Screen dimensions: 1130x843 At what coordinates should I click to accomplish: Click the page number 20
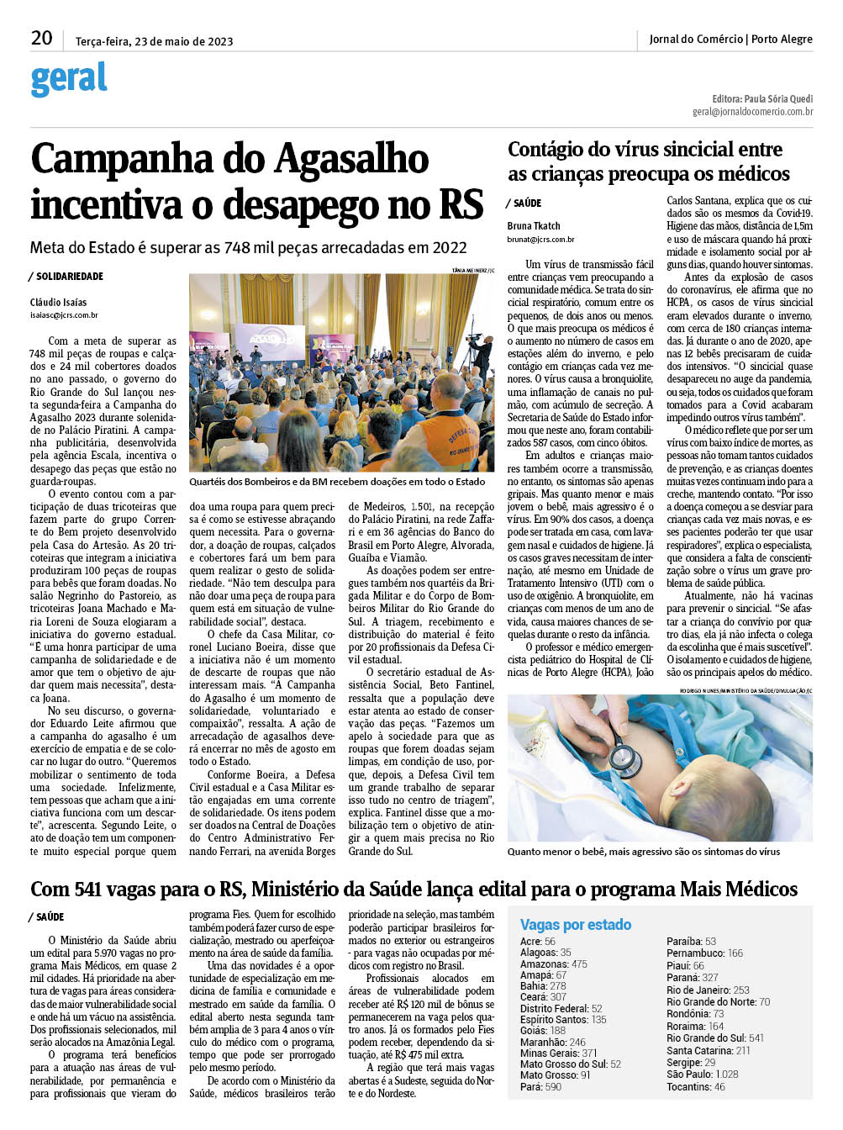[x=41, y=38]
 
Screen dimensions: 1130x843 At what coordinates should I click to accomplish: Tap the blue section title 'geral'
[x=69, y=79]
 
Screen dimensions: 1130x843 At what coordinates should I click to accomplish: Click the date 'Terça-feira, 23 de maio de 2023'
[x=154, y=41]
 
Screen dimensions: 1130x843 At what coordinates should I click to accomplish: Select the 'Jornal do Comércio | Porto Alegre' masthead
[x=730, y=39]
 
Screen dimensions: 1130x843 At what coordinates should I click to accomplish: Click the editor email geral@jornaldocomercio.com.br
[x=752, y=111]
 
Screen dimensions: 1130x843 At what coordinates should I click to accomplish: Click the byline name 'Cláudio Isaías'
[x=59, y=302]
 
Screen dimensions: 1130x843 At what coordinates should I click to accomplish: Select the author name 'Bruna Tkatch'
[x=534, y=225]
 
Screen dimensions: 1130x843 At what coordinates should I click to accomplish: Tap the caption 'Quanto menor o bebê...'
[x=643, y=852]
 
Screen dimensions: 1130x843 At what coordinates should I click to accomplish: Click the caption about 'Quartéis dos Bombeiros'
[x=337, y=482]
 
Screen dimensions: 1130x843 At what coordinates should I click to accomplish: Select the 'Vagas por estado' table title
[x=576, y=925]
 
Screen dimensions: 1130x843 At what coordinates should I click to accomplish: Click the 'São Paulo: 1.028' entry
[x=703, y=1075]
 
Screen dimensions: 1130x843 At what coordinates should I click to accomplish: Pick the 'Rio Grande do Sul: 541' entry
[x=715, y=1038]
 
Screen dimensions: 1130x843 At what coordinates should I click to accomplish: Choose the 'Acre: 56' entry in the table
[x=538, y=942]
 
